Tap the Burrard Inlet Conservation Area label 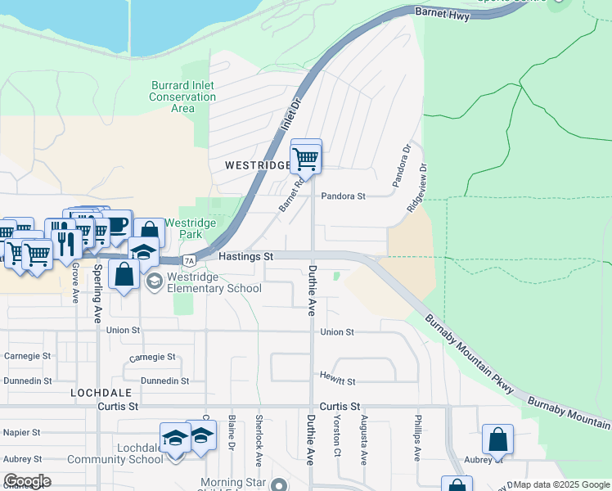(182, 97)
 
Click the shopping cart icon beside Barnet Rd (306, 157)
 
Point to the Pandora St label (343, 196)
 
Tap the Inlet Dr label (291, 115)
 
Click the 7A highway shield (189, 260)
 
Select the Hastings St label (245, 256)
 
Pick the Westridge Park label (190, 228)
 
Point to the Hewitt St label (338, 381)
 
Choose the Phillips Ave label (417, 443)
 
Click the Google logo (27, 481)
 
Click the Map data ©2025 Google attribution (561, 484)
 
